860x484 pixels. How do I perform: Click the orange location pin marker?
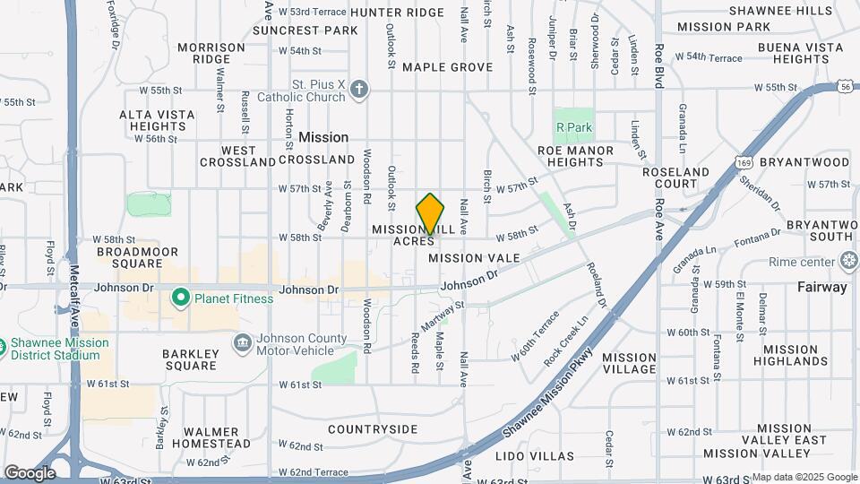431,213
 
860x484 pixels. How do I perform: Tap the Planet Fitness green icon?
180,297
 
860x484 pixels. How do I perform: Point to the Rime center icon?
849,262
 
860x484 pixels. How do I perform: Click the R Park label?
574,127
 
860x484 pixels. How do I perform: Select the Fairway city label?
821,288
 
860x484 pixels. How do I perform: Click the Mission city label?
323,137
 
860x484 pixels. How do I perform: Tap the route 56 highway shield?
846,86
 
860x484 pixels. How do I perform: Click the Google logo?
30,472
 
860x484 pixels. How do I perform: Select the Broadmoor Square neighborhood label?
138,257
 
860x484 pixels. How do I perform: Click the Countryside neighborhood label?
373,429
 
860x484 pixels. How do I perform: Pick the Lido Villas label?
535,456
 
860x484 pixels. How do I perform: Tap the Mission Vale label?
474,258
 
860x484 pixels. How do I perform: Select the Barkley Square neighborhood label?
189,359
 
